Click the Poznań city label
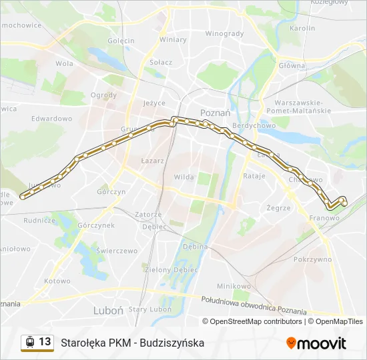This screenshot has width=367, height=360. [216, 113]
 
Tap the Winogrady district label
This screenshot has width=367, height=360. [224, 33]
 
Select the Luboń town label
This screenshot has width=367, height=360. [107, 310]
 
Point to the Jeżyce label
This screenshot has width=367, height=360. [154, 103]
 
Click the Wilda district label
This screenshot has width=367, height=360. [183, 177]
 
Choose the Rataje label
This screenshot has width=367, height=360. [254, 176]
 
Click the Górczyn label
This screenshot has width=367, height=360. [111, 191]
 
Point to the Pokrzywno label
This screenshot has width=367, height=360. [312, 259]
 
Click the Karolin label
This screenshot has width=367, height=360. [302, 29]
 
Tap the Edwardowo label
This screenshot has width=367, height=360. [51, 118]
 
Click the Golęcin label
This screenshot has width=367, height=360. [121, 41]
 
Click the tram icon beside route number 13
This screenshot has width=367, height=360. [30, 342]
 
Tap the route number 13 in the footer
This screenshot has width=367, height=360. [45, 342]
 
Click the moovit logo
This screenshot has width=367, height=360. [316, 343]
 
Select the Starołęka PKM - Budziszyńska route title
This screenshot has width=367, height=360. [133, 343]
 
